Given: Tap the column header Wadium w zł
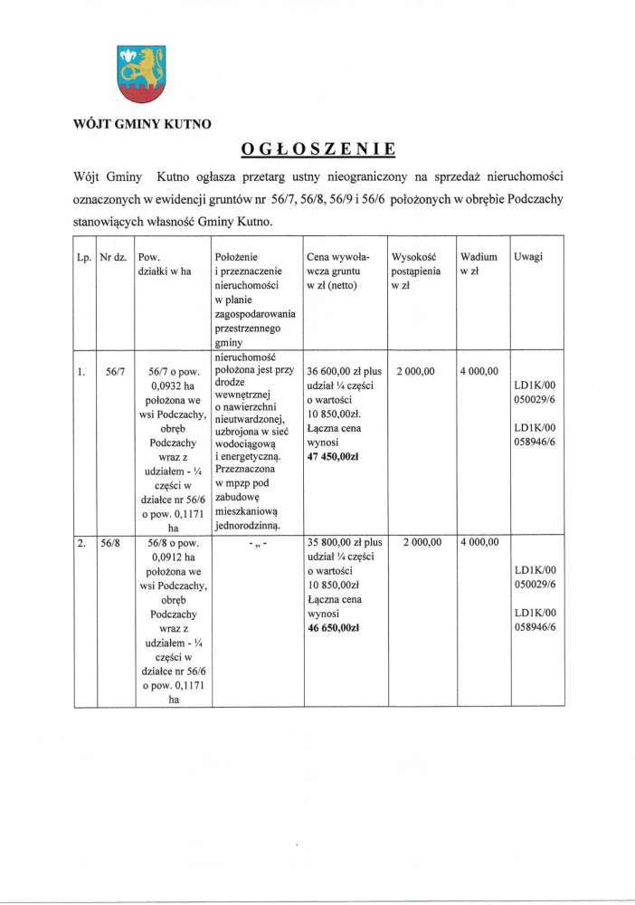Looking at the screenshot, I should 479,264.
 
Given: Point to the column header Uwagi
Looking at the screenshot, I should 528,258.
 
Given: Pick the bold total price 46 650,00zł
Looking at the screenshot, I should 335,627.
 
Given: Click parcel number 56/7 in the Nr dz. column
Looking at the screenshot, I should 113,371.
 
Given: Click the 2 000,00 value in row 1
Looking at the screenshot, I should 416,371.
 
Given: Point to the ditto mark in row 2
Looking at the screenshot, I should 258,543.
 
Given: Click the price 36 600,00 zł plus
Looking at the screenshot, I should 345,371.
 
